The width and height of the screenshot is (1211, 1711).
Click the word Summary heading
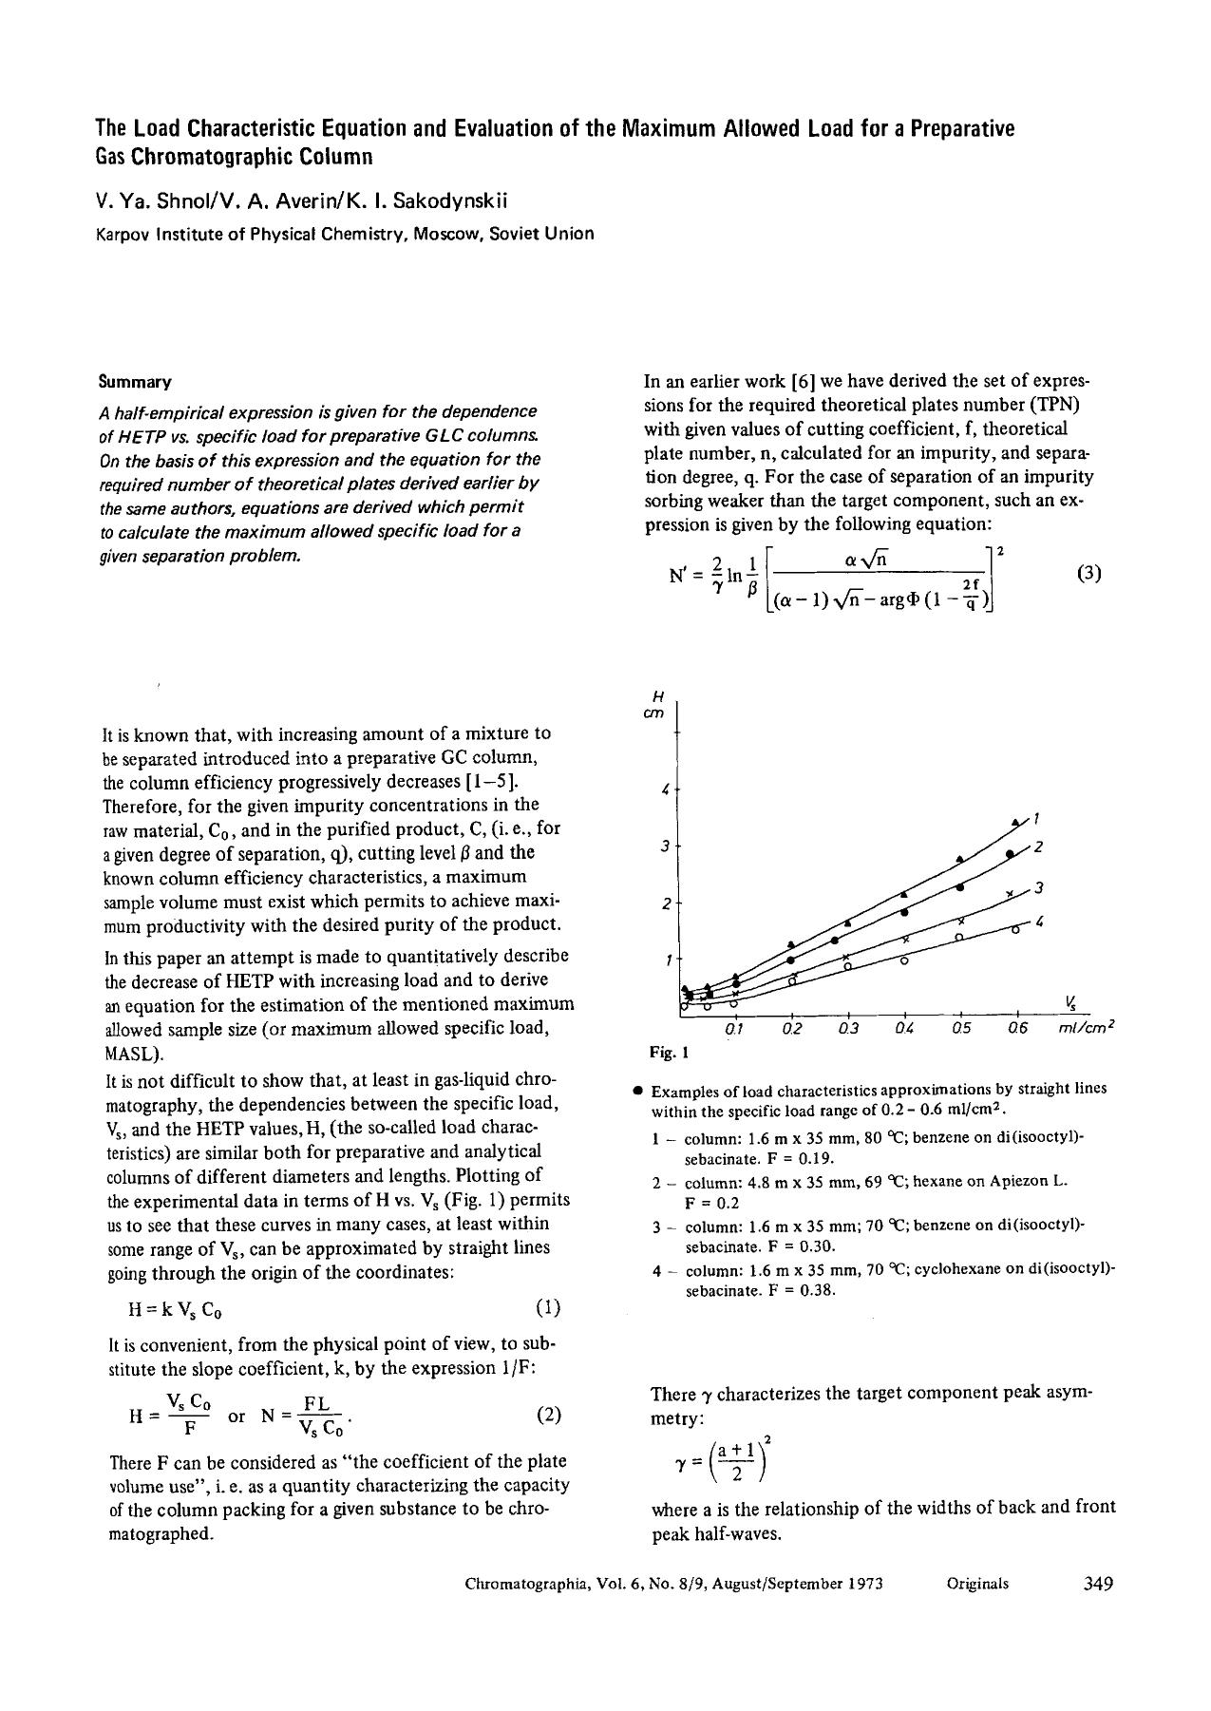(134, 383)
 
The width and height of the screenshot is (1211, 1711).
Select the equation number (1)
(548, 1307)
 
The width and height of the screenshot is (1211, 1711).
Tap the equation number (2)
(549, 1415)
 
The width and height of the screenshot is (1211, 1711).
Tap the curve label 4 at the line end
(1041, 922)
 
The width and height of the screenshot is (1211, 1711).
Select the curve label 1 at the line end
(1038, 817)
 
